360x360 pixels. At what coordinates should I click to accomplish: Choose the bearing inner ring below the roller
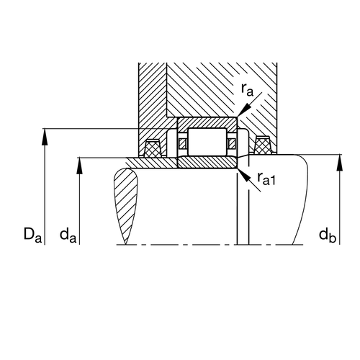pyautogui.click(x=207, y=163)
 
